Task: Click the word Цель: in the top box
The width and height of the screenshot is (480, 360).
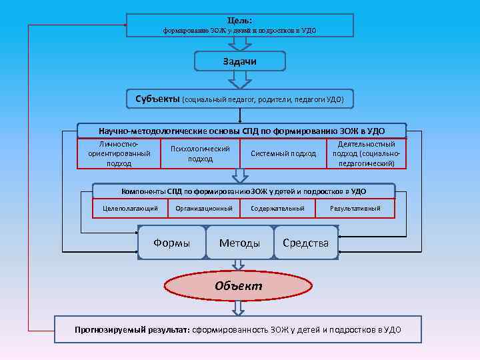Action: [240, 20]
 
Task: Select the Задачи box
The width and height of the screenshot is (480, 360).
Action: [240, 61]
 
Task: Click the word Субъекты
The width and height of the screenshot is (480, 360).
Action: [157, 99]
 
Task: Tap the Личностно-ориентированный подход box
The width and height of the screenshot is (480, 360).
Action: [119, 153]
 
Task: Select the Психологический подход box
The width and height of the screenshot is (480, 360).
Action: [200, 153]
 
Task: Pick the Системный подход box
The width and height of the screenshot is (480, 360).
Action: [283, 153]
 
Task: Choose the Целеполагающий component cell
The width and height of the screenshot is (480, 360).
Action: [130, 209]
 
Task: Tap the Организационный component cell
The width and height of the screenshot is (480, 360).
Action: [204, 209]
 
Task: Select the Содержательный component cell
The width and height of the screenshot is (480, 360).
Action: [277, 209]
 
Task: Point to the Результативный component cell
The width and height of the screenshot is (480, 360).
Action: [355, 209]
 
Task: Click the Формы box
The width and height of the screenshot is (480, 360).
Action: [171, 243]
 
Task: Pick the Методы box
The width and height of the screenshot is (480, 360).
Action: [239, 243]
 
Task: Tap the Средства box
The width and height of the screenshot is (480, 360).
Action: [305, 243]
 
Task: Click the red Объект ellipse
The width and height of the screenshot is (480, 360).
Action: [238, 286]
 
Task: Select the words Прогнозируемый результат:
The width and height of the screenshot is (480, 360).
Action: [132, 329]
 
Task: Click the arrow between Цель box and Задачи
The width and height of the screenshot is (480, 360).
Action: [240, 43]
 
